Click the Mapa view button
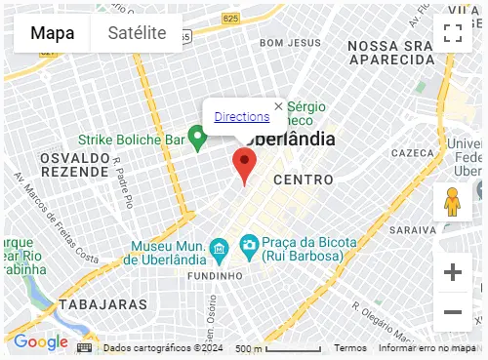pos(52,33)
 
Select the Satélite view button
pos(137,33)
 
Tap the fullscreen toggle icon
pos(452,34)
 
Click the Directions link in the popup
pos(241,117)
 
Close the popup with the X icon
pos(278,106)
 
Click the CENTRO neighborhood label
pos(303,180)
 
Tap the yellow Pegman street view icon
pos(451,202)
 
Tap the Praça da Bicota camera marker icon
pos(250,243)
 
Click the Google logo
pos(40,342)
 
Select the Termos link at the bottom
pos(350,348)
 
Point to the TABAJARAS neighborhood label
pos(102,305)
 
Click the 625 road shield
pos(258,19)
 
